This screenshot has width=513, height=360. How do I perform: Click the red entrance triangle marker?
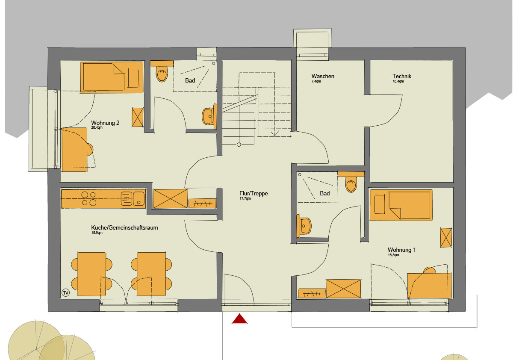(x=239, y=319)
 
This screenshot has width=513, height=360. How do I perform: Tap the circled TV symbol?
(x=65, y=293)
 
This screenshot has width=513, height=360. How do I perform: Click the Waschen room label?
(x=322, y=76)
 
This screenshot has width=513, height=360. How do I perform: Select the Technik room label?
(x=402, y=76)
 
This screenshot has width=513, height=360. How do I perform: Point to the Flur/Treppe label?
(x=254, y=194)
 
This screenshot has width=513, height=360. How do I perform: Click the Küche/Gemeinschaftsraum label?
(x=124, y=227)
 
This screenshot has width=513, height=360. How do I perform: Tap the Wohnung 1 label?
(x=401, y=250)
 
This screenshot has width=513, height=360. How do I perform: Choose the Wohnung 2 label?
(x=105, y=123)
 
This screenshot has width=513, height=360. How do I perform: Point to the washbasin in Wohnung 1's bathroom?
(x=304, y=226)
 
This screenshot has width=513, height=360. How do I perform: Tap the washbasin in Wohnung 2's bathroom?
(x=209, y=116)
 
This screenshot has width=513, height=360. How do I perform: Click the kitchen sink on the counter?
(x=133, y=198)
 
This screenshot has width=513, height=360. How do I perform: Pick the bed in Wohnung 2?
(x=112, y=77)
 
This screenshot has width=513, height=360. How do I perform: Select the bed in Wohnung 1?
(x=401, y=205)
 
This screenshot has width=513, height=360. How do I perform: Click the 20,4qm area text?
(x=97, y=127)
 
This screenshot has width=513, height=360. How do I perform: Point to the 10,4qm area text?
(x=398, y=81)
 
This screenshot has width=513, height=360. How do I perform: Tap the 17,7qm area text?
(x=245, y=198)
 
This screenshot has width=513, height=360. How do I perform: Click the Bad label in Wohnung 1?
(x=325, y=194)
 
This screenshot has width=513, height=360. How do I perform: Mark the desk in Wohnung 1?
(x=429, y=285)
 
